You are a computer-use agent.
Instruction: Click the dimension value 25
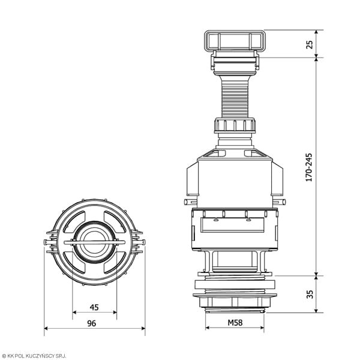310,44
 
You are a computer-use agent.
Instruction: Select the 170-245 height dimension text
309,167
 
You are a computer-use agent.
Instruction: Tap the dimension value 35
310,295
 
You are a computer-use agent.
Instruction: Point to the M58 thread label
235,323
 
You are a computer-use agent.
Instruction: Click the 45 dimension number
94,307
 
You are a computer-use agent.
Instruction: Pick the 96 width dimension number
91,323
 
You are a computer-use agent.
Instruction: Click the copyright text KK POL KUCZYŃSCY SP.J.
34,356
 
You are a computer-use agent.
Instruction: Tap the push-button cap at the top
235,40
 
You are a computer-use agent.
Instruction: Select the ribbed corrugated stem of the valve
235,97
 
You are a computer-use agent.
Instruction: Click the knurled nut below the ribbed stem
235,125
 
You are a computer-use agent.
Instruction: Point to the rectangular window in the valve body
232,225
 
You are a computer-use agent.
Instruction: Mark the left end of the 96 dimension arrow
44,328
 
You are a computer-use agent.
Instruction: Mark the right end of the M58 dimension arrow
264,328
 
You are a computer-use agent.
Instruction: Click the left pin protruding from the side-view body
190,202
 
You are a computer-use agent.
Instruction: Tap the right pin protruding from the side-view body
280,202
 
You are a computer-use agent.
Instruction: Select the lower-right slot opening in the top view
115,262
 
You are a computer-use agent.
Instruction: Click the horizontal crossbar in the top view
94,242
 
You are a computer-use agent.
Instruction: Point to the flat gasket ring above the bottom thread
235,284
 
